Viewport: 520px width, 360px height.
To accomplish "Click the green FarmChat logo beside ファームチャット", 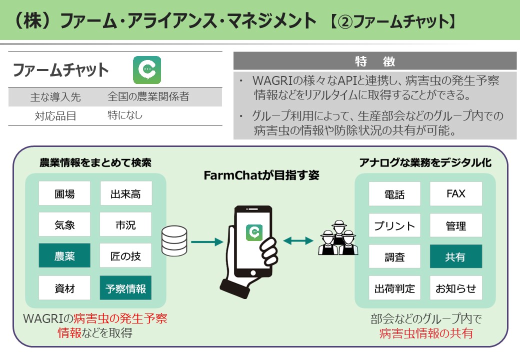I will click(147, 69).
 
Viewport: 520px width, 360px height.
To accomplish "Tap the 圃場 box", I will click(64, 194).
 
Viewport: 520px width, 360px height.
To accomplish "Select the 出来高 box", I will click(125, 194).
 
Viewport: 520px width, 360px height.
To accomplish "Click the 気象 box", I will click(64, 225).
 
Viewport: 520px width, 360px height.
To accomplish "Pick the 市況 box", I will click(125, 225).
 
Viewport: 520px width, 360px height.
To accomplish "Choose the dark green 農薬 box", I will click(64, 256).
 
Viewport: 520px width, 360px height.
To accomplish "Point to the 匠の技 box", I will click(125, 256).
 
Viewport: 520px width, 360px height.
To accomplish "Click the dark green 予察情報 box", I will click(125, 288).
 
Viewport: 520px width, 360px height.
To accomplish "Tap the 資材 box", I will click(64, 288).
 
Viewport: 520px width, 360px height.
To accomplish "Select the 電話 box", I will click(394, 194).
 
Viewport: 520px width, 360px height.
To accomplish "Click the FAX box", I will click(456, 194).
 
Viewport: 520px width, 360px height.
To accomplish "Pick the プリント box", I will click(394, 225).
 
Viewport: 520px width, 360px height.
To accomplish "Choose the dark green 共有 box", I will click(456, 256).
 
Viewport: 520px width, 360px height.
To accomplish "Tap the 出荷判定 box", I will click(394, 288).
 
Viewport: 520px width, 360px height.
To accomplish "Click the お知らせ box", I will click(456, 288).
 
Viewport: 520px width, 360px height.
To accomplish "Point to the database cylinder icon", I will click(174, 241).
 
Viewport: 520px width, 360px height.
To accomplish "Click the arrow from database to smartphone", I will click(206, 242).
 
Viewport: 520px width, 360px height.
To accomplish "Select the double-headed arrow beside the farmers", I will click(298, 241).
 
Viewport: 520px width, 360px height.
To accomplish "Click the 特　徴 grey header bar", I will click(375, 61).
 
